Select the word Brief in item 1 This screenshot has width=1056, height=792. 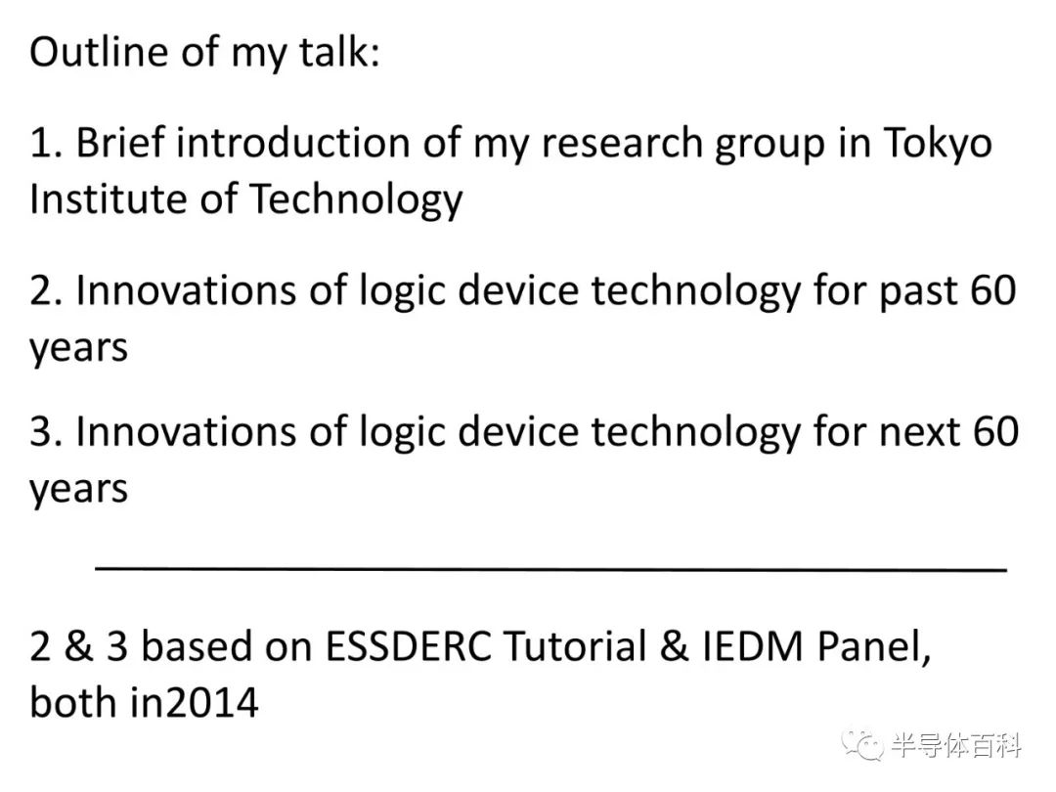pyautogui.click(x=120, y=143)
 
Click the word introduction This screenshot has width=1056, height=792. pyautogui.click(x=293, y=143)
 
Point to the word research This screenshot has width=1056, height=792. pyautogui.click(x=622, y=143)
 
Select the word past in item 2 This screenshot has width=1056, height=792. pyautogui.click(x=918, y=292)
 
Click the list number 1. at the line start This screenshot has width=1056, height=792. pyautogui.click(x=46, y=143)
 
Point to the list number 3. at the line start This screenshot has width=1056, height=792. pyautogui.click(x=46, y=432)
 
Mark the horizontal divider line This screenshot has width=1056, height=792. pyautogui.click(x=550, y=569)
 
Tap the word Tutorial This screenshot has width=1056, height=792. pyautogui.click(x=575, y=646)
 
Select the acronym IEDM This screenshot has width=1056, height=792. pyautogui.click(x=752, y=646)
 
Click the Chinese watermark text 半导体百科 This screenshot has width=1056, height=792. pyautogui.click(x=956, y=746)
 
